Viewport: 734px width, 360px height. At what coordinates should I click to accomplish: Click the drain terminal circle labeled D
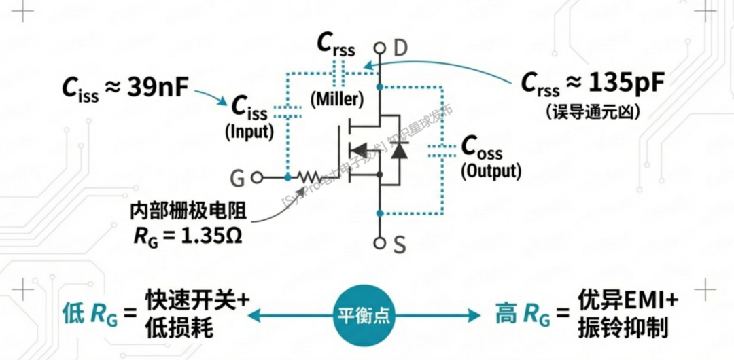click(x=380, y=48)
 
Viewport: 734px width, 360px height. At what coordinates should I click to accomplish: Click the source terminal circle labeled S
click(x=380, y=242)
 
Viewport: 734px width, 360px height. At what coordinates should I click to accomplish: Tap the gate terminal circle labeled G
click(x=257, y=178)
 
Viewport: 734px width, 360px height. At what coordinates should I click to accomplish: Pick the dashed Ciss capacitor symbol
click(x=288, y=113)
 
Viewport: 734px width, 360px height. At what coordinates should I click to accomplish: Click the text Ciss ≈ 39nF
click(x=125, y=88)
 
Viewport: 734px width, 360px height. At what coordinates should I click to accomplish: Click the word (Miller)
click(x=337, y=99)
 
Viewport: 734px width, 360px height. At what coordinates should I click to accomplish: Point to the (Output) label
click(x=491, y=170)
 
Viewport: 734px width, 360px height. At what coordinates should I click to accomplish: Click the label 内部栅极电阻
click(x=188, y=212)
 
